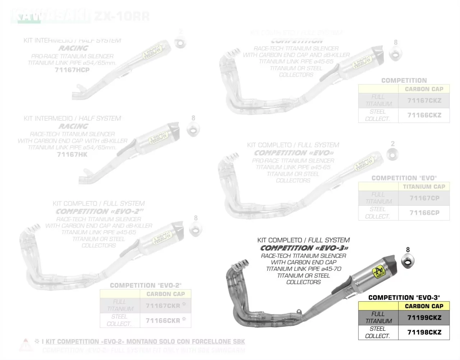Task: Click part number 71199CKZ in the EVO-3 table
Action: (x=424, y=318)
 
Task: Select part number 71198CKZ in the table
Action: (x=424, y=332)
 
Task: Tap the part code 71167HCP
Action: (x=72, y=70)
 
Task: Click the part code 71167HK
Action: (x=72, y=154)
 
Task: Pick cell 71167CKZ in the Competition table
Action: (x=424, y=100)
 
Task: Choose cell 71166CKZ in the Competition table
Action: (x=424, y=115)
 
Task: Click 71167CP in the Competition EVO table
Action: (x=424, y=198)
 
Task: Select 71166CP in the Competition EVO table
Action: (x=424, y=213)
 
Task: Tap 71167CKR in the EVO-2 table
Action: (x=163, y=306)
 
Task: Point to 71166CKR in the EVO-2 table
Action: (x=163, y=320)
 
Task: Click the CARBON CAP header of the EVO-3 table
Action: (x=424, y=306)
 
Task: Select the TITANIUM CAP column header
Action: (x=424, y=187)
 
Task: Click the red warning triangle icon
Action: (x=26, y=344)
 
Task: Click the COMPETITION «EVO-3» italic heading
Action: (x=304, y=248)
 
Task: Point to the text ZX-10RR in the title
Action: (x=121, y=17)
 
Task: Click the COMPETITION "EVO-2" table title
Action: (x=146, y=285)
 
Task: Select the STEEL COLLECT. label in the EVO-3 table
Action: (x=378, y=332)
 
